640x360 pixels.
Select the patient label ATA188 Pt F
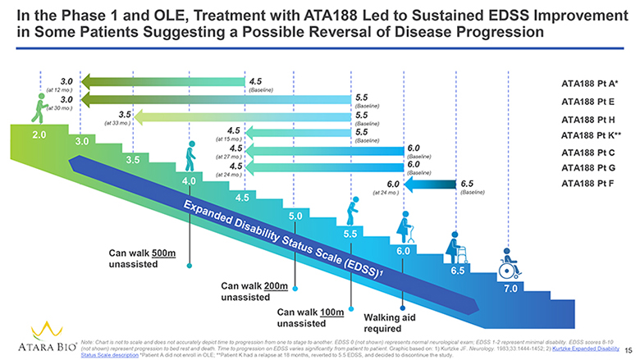coord(587,184)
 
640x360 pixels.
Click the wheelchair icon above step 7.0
coord(509,264)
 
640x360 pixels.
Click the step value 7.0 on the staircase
coord(510,289)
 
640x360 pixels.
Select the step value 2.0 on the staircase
coord(39,134)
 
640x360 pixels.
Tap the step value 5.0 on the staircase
coord(297,216)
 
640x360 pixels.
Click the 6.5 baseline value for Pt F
coord(467,184)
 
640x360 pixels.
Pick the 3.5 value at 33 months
coord(126,114)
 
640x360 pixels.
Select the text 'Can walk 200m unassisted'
coord(255,291)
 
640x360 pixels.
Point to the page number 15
coord(629,349)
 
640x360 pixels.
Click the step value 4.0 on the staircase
coord(190,180)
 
